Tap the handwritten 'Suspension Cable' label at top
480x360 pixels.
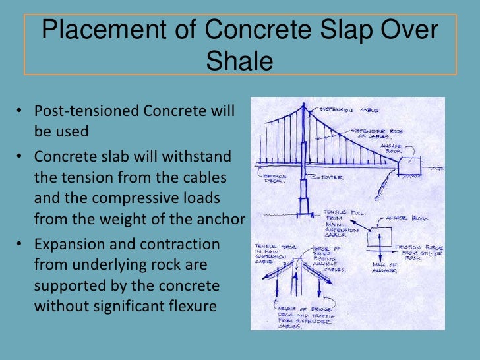344,109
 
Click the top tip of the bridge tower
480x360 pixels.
303,104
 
